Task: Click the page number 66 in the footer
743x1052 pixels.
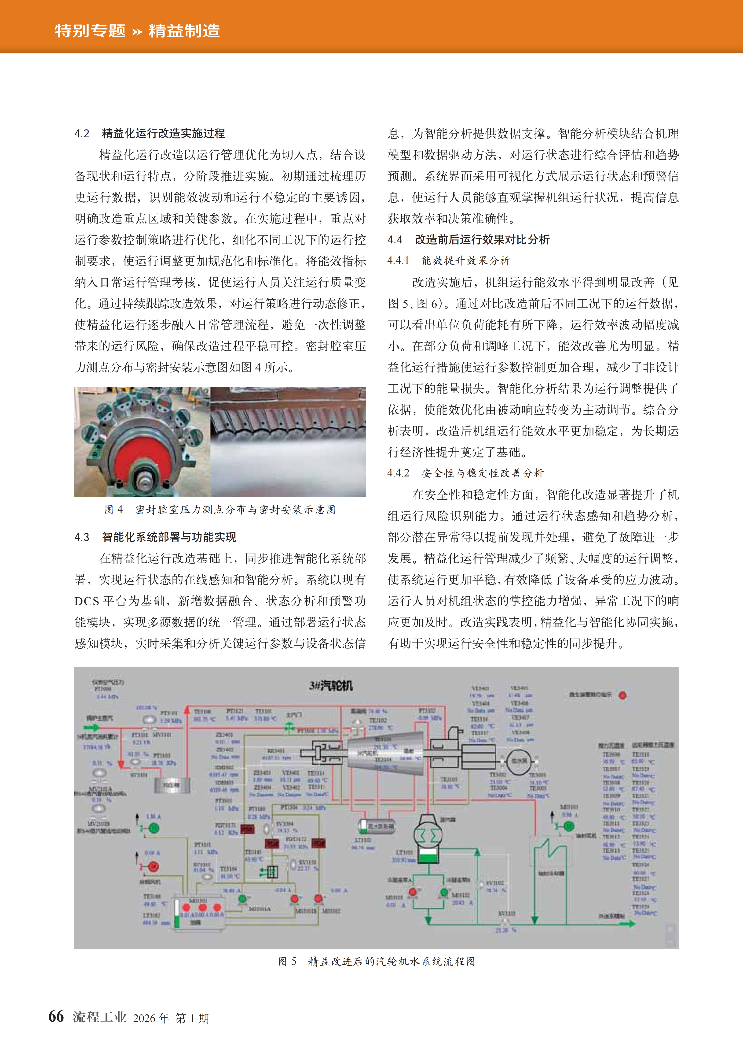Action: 56,1016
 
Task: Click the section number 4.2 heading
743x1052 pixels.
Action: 82,133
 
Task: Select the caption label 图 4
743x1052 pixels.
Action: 113,509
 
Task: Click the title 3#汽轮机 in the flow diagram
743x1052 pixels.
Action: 330,686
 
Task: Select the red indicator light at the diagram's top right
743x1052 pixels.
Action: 622,695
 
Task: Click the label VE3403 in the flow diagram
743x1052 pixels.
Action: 480,688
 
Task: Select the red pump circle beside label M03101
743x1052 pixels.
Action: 413,892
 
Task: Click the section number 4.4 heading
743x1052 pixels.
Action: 395,240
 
